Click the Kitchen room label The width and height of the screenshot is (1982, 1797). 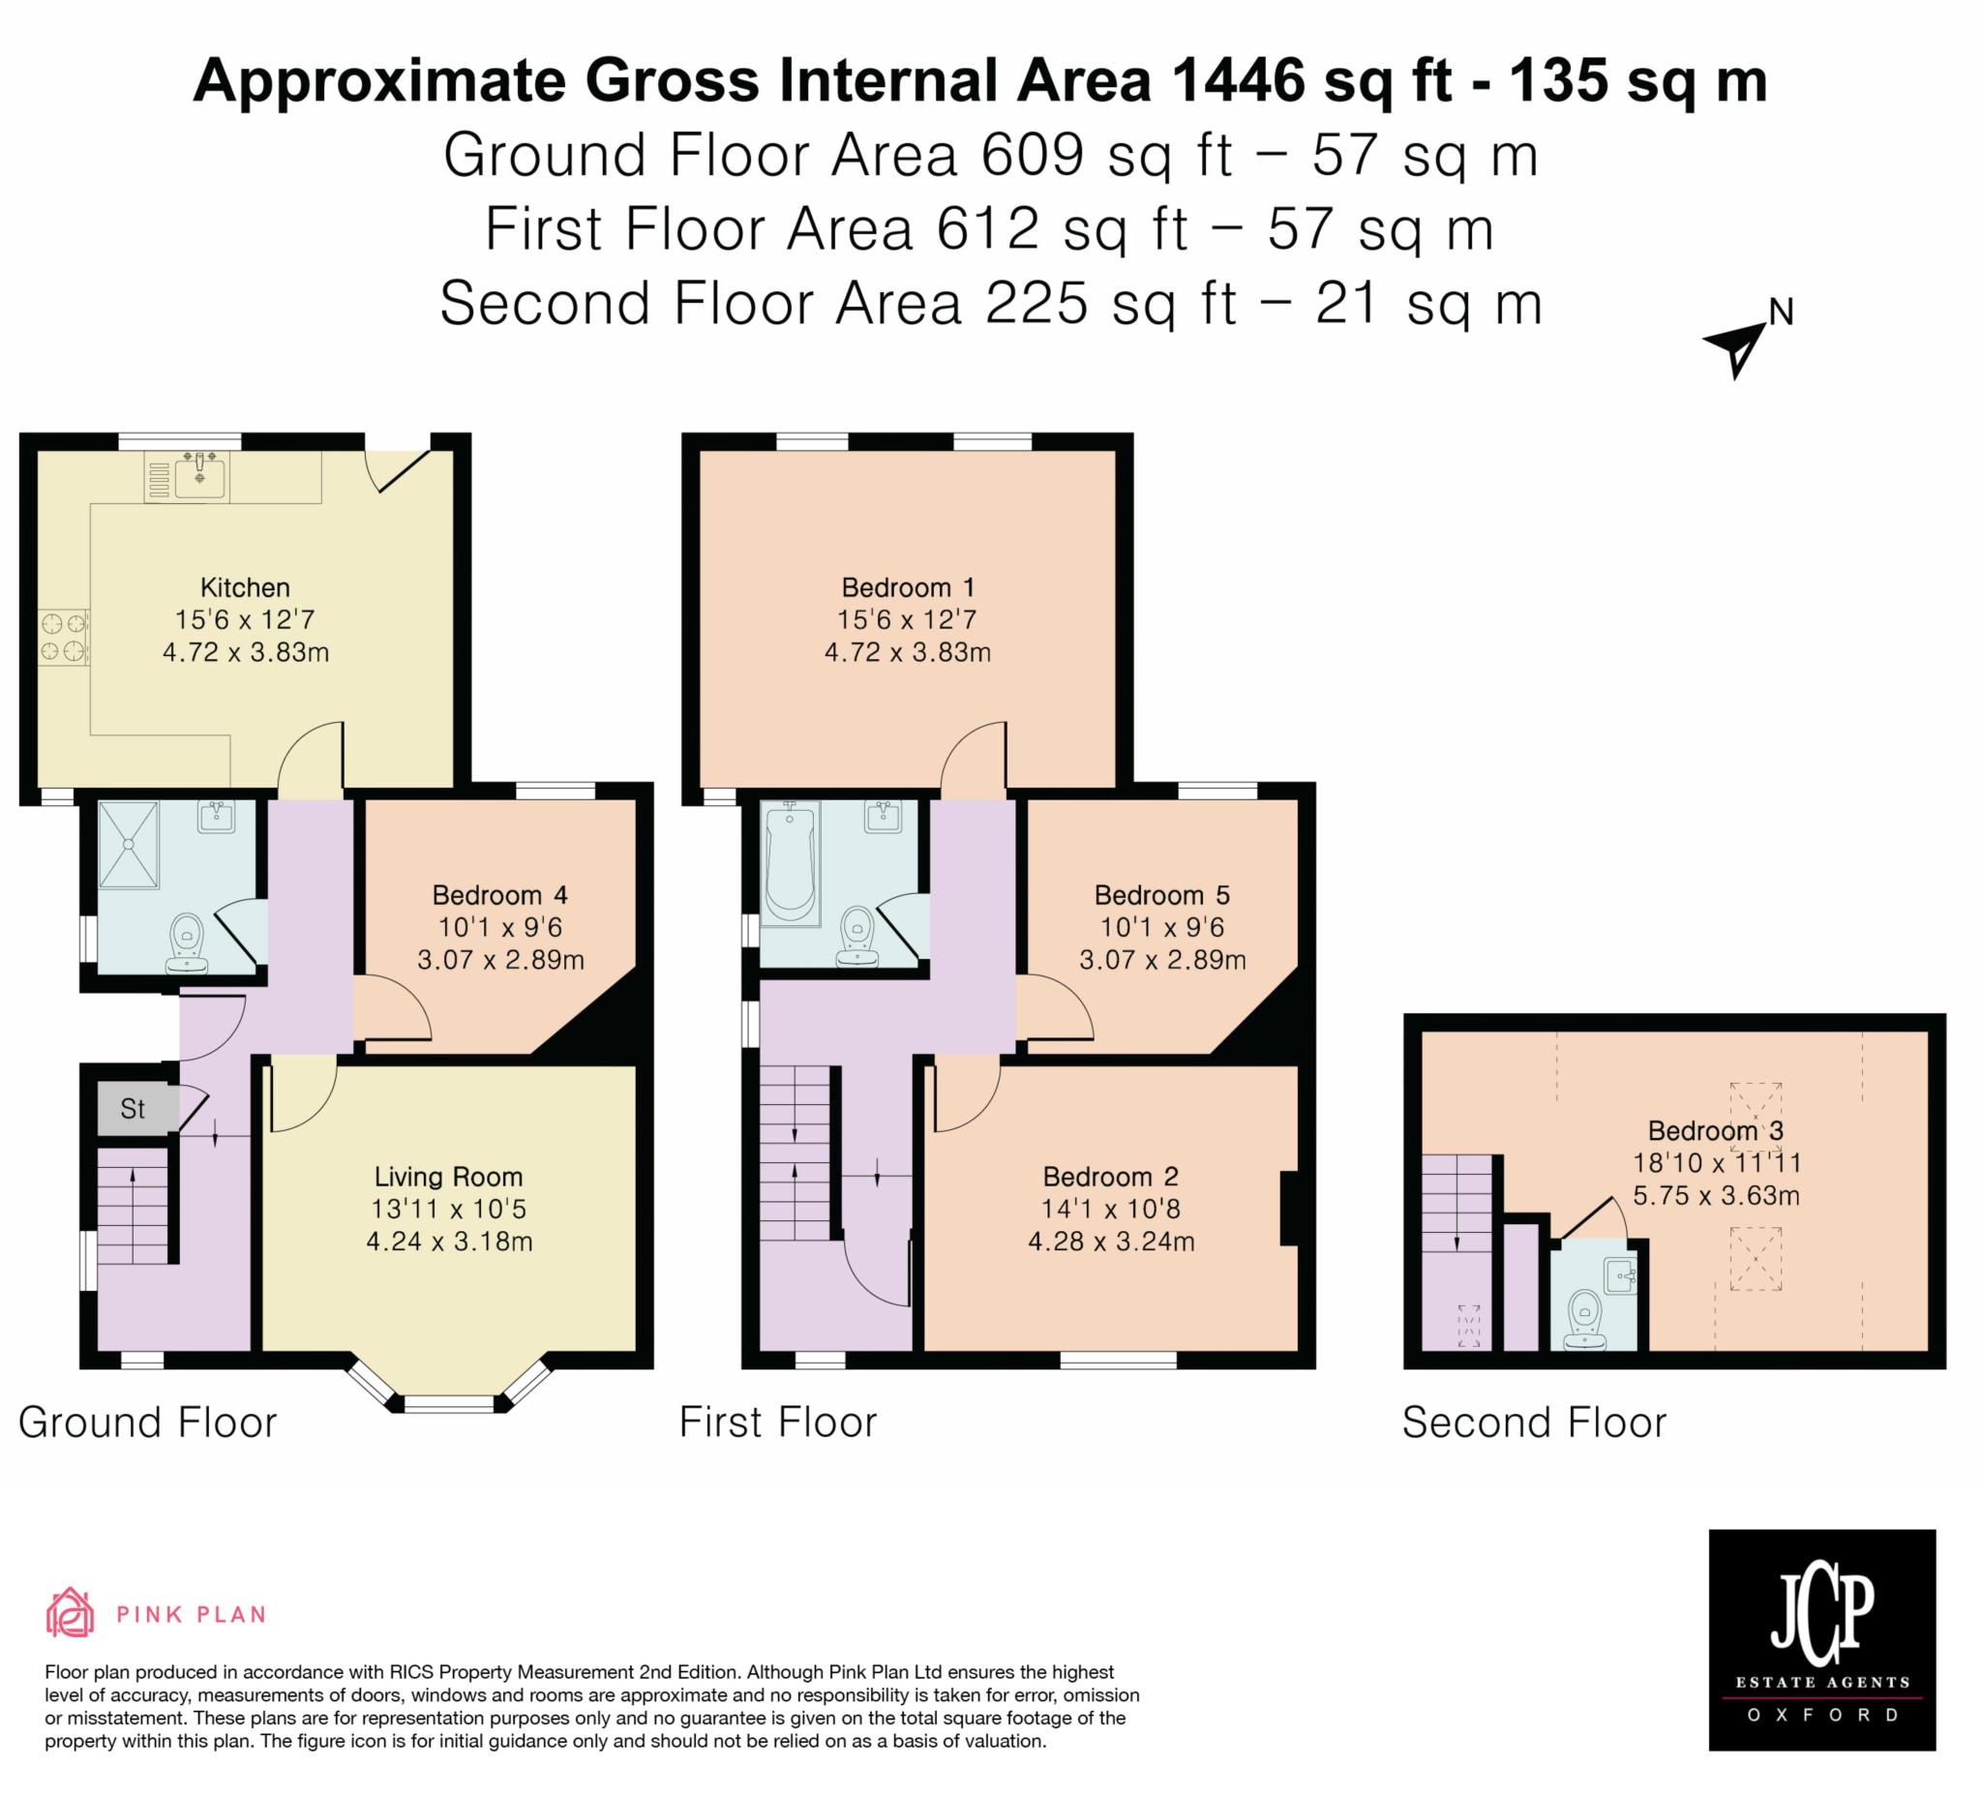click(245, 587)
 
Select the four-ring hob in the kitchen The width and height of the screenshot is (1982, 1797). click(63, 637)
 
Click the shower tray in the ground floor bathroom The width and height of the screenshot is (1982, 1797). click(129, 846)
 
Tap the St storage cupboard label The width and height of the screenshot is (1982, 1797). click(133, 1109)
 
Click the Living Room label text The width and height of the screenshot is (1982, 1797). click(448, 1177)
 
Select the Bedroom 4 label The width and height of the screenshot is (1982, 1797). click(500, 895)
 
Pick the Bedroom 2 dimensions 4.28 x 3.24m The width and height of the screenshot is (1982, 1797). click(1111, 1242)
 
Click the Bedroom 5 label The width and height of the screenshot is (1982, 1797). click(1162, 895)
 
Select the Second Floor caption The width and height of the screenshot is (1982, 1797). click(1534, 1423)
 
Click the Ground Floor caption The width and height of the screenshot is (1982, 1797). click(147, 1423)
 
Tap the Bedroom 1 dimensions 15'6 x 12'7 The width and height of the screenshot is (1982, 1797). click(907, 620)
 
